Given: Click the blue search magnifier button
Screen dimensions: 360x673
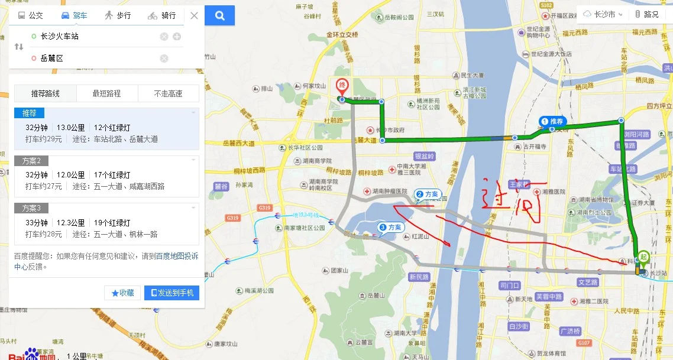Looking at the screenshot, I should click(220, 15).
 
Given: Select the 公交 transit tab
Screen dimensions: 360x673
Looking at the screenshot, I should click(31, 15).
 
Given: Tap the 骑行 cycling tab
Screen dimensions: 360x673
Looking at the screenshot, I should click(161, 15).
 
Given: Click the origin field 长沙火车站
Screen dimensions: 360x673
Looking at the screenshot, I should click(89, 37).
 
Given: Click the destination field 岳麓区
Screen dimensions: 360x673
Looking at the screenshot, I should click(89, 58).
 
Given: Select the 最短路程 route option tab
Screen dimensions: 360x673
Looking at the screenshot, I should click(106, 93).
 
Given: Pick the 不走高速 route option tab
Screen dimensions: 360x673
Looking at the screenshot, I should click(168, 93).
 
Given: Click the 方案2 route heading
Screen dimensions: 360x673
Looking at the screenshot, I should click(35, 161).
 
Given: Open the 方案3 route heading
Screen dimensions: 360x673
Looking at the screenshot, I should click(35, 208).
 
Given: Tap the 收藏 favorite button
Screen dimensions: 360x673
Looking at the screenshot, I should click(122, 293).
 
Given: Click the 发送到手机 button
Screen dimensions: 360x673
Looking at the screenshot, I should click(172, 293).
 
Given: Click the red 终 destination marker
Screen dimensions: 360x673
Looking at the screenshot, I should click(342, 87).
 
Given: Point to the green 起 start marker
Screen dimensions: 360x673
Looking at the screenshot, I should click(643, 258).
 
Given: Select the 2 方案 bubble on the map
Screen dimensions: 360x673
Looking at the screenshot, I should click(428, 194).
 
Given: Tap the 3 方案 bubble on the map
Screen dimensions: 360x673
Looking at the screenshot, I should click(390, 227).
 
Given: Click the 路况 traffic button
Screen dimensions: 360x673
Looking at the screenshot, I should click(646, 14).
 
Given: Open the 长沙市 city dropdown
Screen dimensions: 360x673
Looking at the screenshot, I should click(603, 14).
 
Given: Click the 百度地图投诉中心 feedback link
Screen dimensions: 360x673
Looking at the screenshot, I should click(177, 256).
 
